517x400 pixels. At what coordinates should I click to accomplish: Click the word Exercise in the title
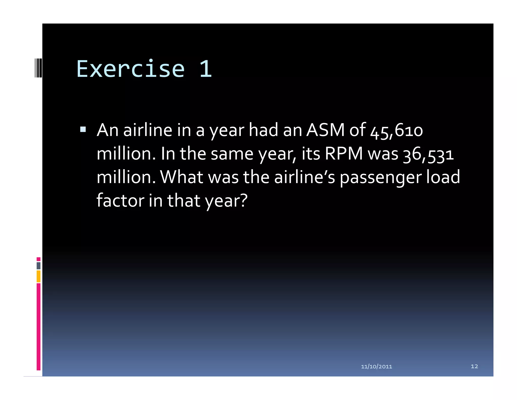tap(131, 69)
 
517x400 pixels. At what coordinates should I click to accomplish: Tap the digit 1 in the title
tap(206, 69)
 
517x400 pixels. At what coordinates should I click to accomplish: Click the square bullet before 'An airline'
tap(83, 130)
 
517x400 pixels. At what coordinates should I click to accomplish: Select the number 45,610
tap(396, 131)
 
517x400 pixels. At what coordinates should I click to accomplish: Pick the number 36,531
tap(428, 154)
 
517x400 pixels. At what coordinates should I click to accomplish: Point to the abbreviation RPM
tap(344, 153)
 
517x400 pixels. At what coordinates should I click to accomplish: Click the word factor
tap(120, 201)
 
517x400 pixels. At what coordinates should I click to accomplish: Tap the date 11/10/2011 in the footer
tap(376, 366)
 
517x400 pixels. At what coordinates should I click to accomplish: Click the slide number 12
tap(474, 366)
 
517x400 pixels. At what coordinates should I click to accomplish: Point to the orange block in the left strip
tap(38, 276)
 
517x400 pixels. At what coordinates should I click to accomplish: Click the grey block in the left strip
tap(38, 265)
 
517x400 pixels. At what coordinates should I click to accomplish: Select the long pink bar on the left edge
tap(38, 326)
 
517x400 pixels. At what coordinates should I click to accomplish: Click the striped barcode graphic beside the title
tap(38, 68)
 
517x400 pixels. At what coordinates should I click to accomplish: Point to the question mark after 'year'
tap(243, 201)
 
